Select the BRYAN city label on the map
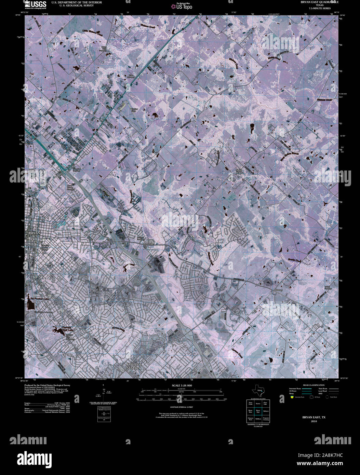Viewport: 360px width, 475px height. (x=33, y=233)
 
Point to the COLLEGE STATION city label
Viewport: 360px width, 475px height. (x=133, y=366)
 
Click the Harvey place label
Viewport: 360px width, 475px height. (x=279, y=290)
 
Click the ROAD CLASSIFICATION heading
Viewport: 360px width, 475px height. (x=311, y=385)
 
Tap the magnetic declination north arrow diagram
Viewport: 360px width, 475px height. (x=104, y=393)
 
